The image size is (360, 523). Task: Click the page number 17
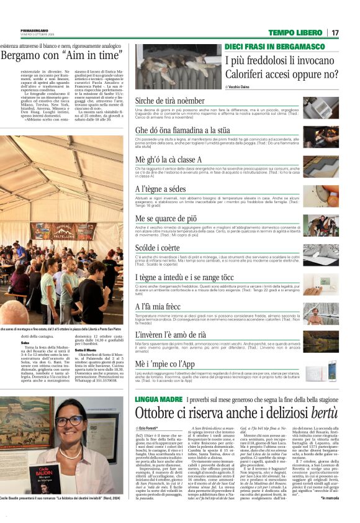(x=335, y=32)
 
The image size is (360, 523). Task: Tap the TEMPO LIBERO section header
(x=295, y=32)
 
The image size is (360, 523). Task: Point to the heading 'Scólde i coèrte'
(x=155, y=247)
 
